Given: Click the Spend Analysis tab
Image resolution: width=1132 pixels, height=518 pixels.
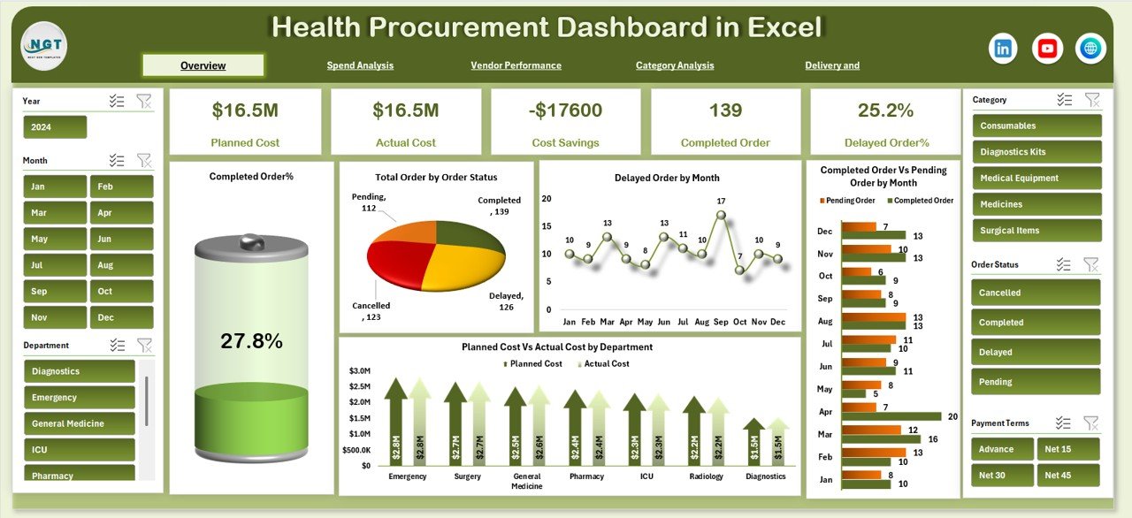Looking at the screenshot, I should [360, 65].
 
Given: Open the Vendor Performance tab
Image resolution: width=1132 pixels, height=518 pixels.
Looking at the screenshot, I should [516, 65].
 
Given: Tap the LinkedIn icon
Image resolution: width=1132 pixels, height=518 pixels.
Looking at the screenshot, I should [1003, 49].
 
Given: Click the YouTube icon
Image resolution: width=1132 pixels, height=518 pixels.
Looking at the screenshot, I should [1047, 49].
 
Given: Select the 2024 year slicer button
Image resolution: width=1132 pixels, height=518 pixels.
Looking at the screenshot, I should [55, 127].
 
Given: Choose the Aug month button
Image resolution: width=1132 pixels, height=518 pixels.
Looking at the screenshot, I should [121, 265].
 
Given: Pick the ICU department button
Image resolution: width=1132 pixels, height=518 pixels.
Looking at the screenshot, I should [80, 449].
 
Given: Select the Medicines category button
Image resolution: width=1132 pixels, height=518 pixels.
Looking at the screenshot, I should [1036, 204].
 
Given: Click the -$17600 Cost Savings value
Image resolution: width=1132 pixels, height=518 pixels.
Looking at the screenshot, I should [565, 110].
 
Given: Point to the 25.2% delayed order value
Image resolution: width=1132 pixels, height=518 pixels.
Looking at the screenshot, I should [885, 110].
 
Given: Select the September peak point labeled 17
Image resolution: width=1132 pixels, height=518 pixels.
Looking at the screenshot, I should [722, 215].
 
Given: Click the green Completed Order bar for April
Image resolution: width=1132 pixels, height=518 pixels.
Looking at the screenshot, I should [891, 415].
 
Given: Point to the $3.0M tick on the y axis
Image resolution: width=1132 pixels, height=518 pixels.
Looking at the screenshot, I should [359, 370].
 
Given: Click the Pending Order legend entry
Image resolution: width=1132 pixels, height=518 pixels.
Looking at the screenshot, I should [850, 201].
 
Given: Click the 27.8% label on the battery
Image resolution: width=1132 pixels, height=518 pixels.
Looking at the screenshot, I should [252, 341].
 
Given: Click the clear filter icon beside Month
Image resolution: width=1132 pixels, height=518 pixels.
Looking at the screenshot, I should [144, 160].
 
